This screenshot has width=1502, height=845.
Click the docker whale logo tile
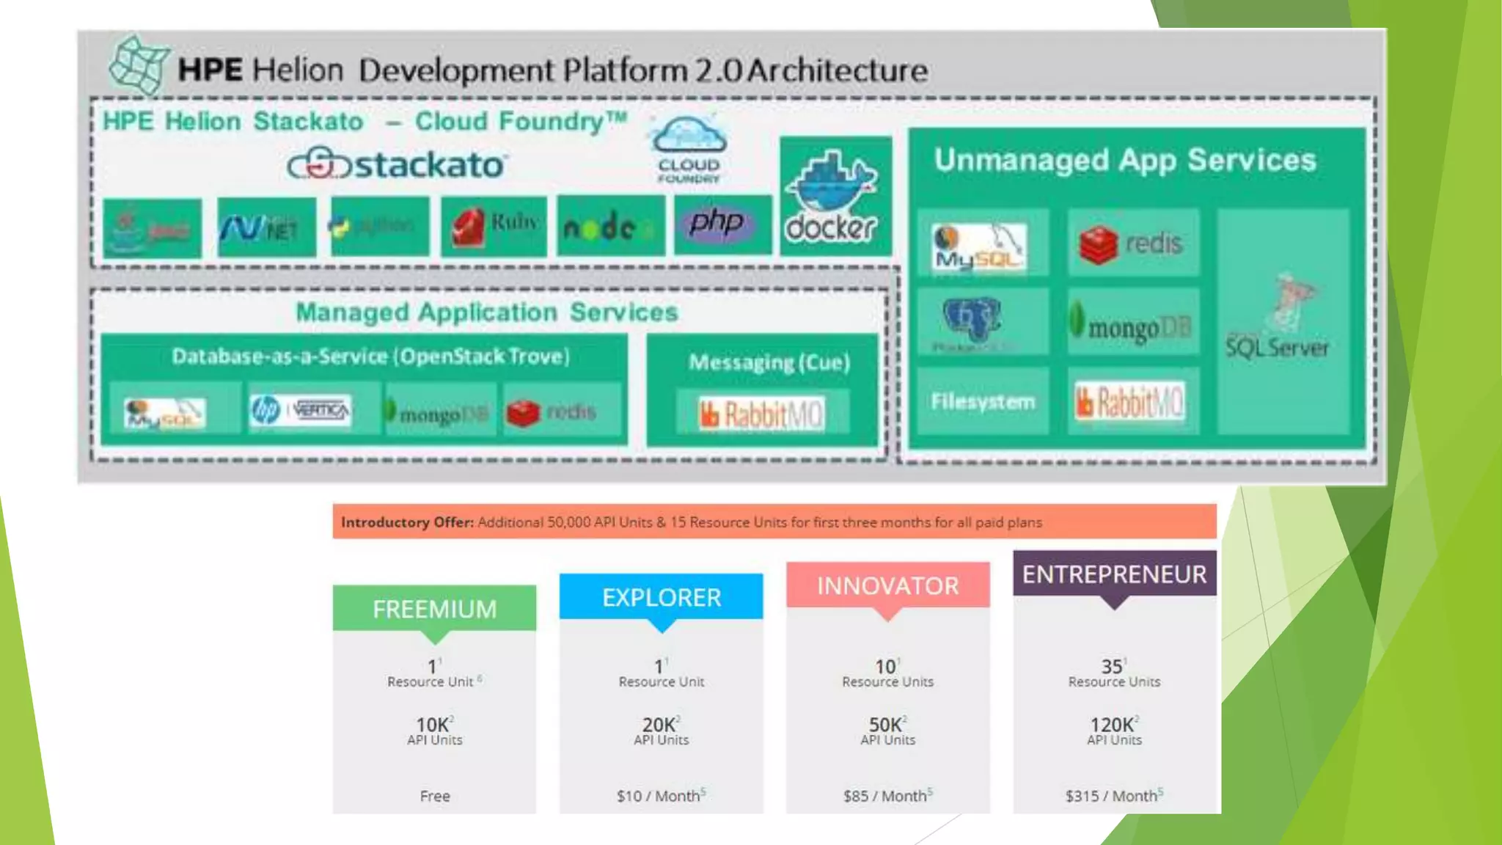pyautogui.click(x=835, y=197)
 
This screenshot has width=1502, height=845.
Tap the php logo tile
pyautogui.click(x=722, y=224)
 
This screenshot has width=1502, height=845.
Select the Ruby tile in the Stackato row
pyautogui.click(x=494, y=226)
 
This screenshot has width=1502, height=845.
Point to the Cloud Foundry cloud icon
pyautogui.click(x=688, y=136)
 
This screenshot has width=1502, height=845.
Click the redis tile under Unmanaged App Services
pyautogui.click(x=1133, y=244)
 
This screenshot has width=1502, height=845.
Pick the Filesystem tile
pyautogui.click(x=983, y=401)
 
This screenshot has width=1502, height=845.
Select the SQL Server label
pyautogui.click(x=1277, y=347)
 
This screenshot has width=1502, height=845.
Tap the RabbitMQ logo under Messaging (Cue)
pyautogui.click(x=762, y=414)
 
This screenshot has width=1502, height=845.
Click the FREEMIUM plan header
pyautogui.click(x=434, y=609)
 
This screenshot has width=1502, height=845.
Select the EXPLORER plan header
pyautogui.click(x=662, y=597)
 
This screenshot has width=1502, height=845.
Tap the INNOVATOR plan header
pyautogui.click(x=887, y=585)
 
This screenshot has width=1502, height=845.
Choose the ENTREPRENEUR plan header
pyautogui.click(x=1114, y=574)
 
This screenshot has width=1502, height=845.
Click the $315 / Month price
pyautogui.click(x=1112, y=796)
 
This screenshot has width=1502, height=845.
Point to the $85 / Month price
pyautogui.click(x=885, y=796)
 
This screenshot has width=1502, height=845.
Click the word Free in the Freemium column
pyautogui.click(x=435, y=796)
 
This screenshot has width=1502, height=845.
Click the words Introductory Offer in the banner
pyautogui.click(x=406, y=522)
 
